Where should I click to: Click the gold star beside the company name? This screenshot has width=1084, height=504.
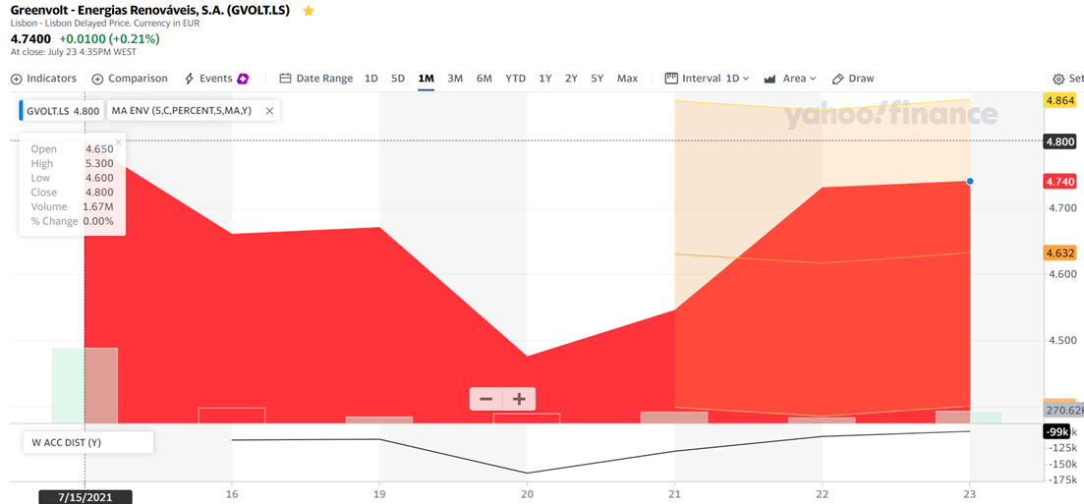[309, 11]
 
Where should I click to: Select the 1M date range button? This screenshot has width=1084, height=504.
[426, 79]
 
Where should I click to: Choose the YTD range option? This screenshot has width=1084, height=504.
[515, 79]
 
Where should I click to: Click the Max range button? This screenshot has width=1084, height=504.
[627, 79]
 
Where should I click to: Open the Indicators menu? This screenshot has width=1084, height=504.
[43, 79]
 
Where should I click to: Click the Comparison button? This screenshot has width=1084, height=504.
[130, 79]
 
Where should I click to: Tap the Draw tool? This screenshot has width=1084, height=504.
[853, 79]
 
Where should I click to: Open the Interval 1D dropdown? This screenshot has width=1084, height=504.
[707, 79]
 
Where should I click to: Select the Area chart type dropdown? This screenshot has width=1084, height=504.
[790, 79]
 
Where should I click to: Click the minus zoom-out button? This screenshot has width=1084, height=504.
[485, 399]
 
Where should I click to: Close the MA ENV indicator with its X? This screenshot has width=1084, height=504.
[269, 111]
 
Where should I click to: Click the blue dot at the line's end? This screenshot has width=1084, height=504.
[970, 181]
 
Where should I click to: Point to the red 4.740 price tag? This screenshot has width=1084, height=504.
[1060, 182]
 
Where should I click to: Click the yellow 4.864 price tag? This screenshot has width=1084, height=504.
[1060, 100]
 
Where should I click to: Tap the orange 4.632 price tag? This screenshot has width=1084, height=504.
[1060, 252]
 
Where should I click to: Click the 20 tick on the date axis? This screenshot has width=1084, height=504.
[527, 494]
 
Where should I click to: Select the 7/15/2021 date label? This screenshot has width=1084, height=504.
[85, 496]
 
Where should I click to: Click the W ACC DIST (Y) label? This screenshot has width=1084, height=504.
[67, 442]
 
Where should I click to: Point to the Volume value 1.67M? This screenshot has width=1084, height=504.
[98, 207]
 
